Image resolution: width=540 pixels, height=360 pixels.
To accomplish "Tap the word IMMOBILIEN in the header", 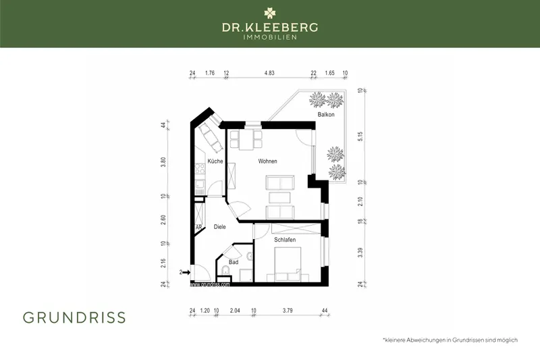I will (270, 38).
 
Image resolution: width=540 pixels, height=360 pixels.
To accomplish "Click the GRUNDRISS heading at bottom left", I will (74, 317).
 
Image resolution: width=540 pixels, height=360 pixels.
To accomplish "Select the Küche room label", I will (215, 161).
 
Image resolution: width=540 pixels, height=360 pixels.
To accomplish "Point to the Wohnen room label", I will (267, 161).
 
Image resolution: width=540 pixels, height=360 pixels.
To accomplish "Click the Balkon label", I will (327, 115).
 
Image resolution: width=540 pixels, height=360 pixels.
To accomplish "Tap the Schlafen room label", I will (285, 240).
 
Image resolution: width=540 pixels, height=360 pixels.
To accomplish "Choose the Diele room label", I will (219, 228).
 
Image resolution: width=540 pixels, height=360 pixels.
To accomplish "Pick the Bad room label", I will (234, 262).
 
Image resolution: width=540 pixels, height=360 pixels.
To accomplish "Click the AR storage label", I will (198, 228).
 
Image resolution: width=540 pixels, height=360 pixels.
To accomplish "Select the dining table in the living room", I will (246, 140).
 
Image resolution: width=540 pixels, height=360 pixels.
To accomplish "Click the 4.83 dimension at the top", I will (269, 72).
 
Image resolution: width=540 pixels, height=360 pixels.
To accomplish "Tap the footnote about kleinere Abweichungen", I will (450, 340).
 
